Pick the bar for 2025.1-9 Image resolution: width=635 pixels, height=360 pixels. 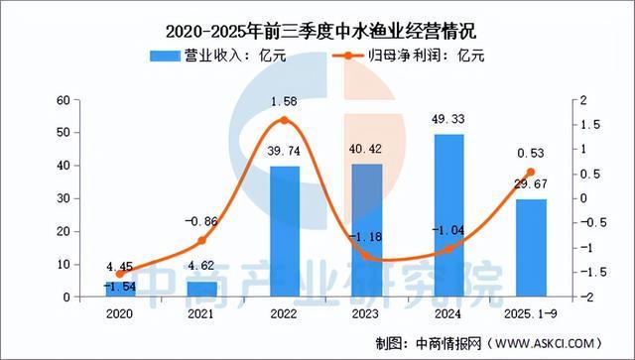click(x=530, y=248)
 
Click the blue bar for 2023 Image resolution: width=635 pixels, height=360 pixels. click(x=366, y=230)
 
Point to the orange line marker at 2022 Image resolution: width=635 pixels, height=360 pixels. click(x=285, y=121)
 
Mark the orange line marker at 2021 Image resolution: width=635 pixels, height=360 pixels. click(x=202, y=240)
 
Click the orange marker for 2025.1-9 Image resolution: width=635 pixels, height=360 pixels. click(x=530, y=173)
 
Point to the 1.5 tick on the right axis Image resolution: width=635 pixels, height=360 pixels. click(x=590, y=125)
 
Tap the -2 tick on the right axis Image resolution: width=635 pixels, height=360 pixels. click(x=588, y=298)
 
